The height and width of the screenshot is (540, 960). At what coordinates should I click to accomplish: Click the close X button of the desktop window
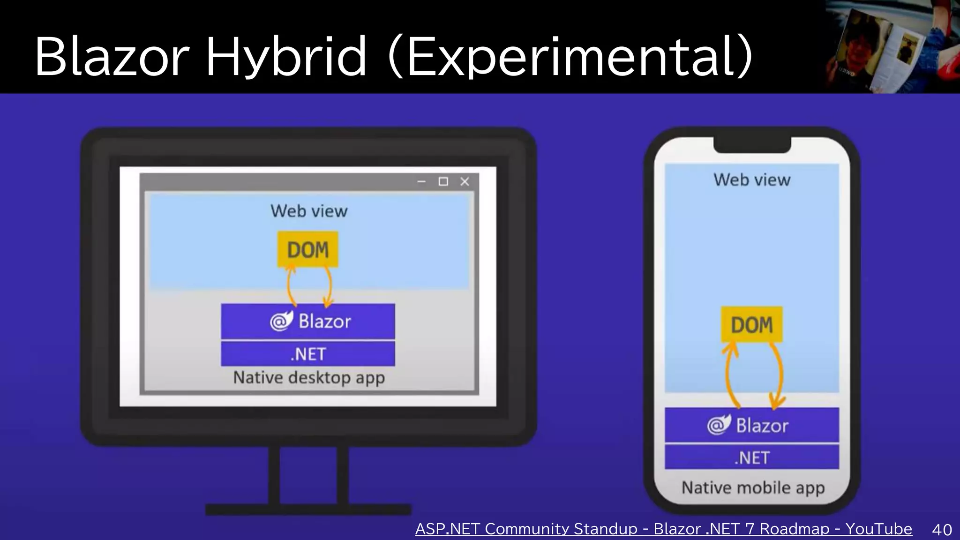[x=465, y=181]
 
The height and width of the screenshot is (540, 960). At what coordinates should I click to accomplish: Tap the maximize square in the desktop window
[x=443, y=181]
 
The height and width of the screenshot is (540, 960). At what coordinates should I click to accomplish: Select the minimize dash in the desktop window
[x=421, y=181]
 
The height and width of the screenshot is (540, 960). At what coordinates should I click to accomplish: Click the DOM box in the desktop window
[x=307, y=249]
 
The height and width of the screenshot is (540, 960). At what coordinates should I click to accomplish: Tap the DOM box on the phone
[x=751, y=324]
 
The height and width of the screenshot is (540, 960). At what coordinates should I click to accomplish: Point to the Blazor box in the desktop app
[x=308, y=322]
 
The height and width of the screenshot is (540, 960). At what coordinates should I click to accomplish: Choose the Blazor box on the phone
[x=751, y=425]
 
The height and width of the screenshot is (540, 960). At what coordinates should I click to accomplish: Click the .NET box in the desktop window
[x=308, y=354]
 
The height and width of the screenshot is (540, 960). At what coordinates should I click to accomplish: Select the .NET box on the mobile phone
[x=751, y=457]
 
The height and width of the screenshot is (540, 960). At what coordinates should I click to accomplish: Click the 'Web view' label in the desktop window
[x=309, y=211]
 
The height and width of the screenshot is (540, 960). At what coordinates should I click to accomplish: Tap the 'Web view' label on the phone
[x=752, y=180]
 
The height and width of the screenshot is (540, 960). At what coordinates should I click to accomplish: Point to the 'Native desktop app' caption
[x=309, y=377]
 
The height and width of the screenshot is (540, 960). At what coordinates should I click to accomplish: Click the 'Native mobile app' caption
[x=753, y=487]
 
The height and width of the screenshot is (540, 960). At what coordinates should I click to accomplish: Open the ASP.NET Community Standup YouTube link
[x=663, y=529]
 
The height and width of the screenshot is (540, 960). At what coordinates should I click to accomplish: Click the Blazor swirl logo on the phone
[x=719, y=425]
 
